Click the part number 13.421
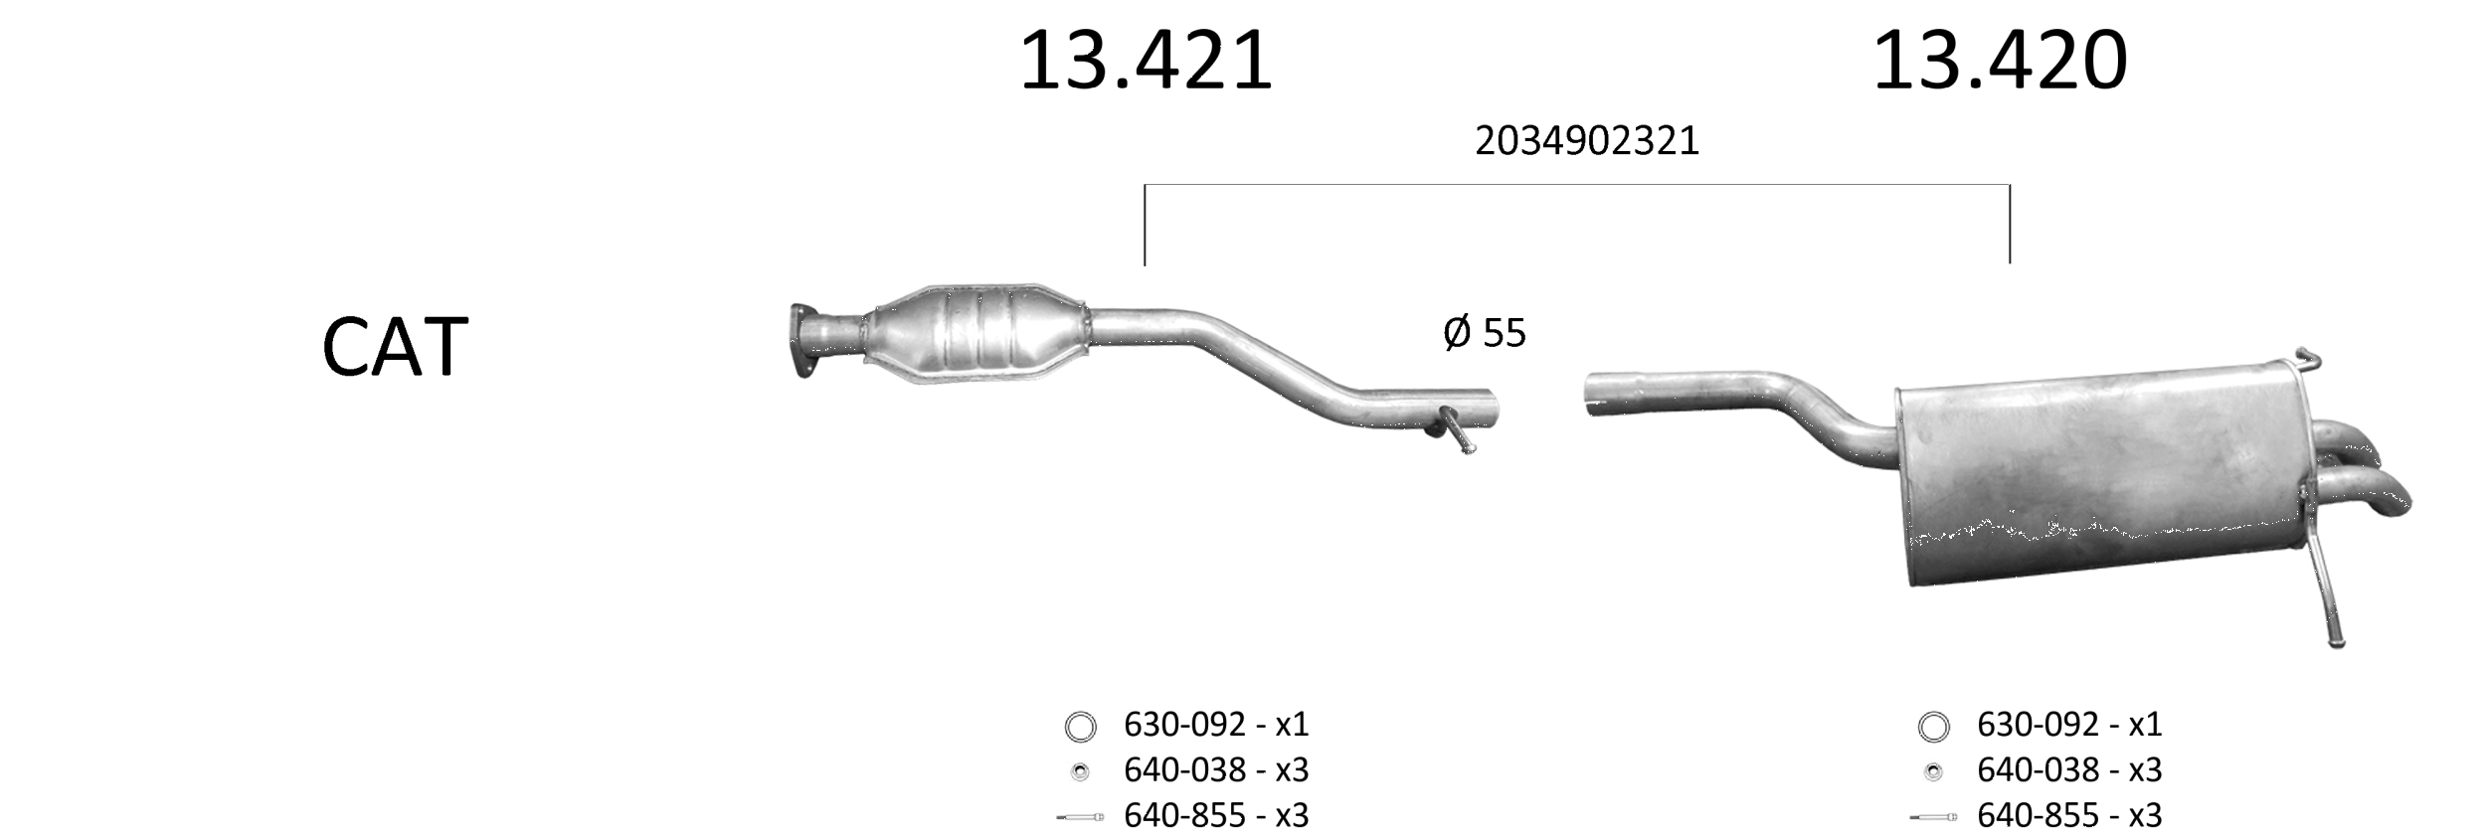[x=1146, y=62]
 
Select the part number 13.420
[x=2000, y=62]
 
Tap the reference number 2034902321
[x=1587, y=141]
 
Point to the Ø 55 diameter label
[x=1484, y=333]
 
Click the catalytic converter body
[x=975, y=332]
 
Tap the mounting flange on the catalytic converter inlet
[x=803, y=340]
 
